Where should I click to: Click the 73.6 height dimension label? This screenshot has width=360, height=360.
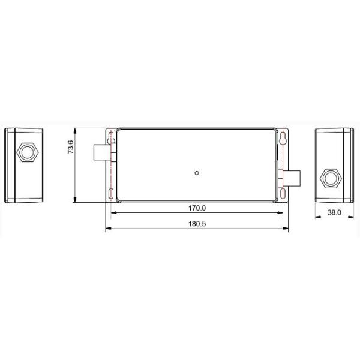pos(71,147)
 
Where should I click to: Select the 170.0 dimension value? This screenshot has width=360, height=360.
pos(197,208)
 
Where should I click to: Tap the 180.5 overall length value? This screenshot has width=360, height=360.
pos(197,224)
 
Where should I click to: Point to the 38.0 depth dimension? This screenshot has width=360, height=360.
pos(334,212)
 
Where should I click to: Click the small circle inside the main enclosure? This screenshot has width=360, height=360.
pos(197,173)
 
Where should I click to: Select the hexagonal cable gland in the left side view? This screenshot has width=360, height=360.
pos(28,152)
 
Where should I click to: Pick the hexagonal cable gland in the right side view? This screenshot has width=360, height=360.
pos(331,178)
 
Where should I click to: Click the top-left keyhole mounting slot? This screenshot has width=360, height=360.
pos(110,138)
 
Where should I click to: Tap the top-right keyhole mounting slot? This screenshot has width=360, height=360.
pos(283,138)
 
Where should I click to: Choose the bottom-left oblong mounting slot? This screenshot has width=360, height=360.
pos(110,194)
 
